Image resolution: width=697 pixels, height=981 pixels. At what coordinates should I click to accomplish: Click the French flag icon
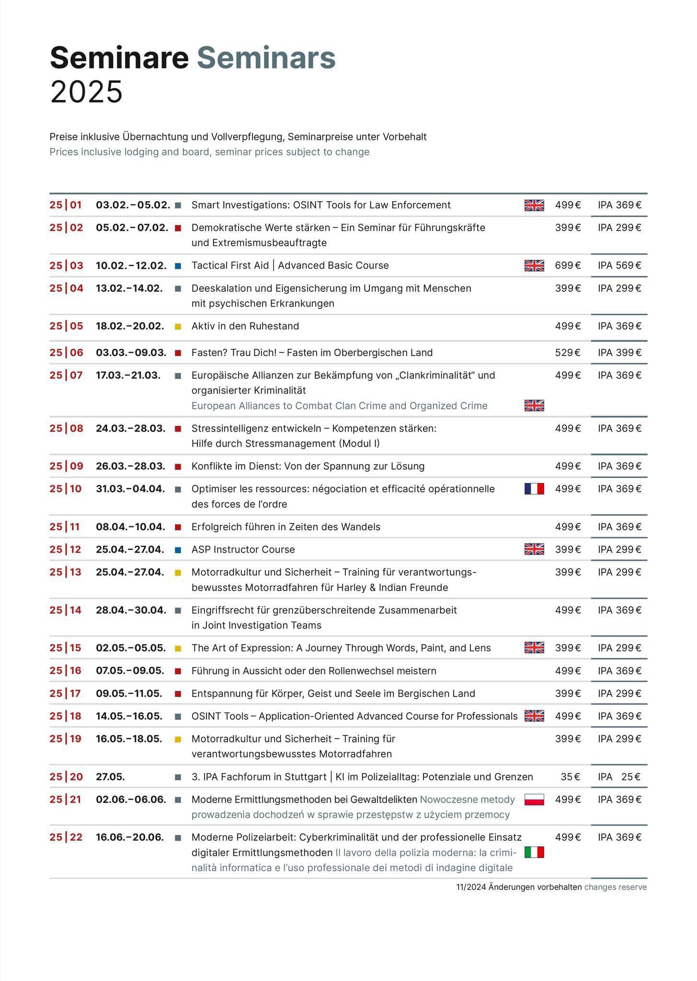point(534,489)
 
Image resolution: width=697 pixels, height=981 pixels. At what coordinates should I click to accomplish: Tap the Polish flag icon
point(534,799)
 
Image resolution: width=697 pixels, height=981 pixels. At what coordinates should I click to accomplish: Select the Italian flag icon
point(534,852)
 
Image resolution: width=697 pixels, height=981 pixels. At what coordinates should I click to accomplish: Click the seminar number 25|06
point(66,353)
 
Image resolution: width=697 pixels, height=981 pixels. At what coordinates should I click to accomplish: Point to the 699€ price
point(568,265)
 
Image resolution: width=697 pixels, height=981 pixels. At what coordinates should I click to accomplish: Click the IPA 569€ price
point(619,265)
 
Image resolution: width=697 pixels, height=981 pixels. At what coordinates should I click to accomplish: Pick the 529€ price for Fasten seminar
point(568,353)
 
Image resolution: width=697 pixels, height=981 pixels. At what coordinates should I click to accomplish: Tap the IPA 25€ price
point(619,777)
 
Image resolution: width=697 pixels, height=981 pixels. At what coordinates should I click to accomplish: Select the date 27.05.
point(110,777)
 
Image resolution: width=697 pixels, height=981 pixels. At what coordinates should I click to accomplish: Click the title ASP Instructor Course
point(243,549)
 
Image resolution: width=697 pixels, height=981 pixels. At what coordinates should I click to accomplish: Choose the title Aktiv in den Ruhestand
point(245,326)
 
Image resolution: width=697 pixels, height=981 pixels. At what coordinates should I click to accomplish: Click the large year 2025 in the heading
point(86,91)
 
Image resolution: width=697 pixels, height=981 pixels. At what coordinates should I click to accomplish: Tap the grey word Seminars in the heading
point(266,58)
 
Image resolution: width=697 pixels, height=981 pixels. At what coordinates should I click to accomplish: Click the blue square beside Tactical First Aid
point(178,266)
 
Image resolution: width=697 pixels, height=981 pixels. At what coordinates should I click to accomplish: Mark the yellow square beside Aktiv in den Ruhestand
point(178,327)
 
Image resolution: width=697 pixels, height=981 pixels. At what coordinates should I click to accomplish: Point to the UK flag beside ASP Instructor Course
point(534,549)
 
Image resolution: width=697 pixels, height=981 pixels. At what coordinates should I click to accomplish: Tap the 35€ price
point(570,777)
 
